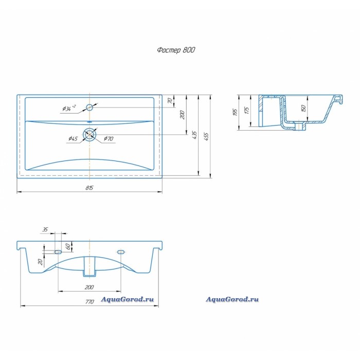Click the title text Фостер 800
176,50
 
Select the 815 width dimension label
89,188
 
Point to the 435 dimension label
194,135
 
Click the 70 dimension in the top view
170,101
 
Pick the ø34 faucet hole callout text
69,108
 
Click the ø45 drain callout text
73,139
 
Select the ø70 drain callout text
109,139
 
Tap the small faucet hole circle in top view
89,107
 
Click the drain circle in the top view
90,134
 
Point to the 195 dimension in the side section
235,112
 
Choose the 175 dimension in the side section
246,111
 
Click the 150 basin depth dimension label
303,108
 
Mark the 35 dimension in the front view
45,229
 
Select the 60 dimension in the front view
68,246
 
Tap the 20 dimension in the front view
41,262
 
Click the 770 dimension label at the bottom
89,301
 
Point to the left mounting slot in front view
58,252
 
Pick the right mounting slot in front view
121,252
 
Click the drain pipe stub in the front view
89,266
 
